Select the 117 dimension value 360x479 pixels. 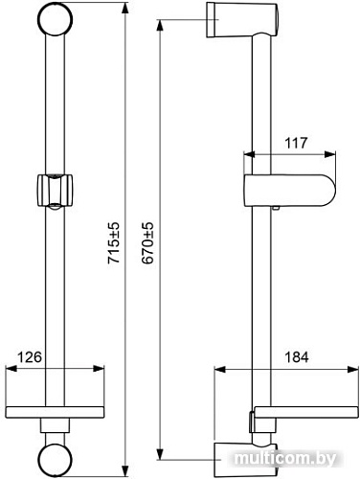(296, 143)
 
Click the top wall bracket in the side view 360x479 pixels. (232, 17)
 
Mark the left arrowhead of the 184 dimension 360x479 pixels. (217, 371)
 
